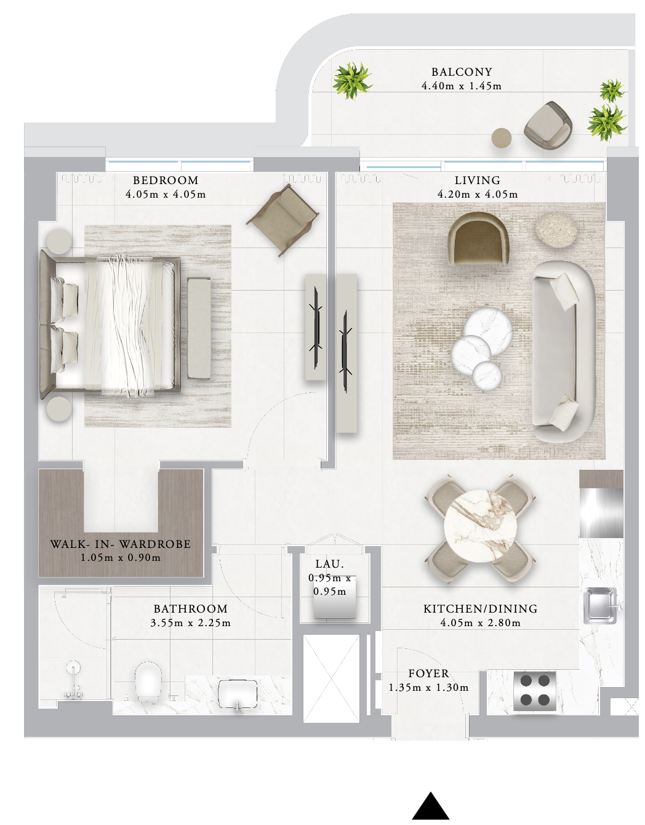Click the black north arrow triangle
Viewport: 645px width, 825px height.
(431, 802)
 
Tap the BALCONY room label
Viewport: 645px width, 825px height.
(462, 72)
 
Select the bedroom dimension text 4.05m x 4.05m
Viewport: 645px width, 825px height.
(166, 195)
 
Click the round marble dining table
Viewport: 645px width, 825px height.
(480, 526)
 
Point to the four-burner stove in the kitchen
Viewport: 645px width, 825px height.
(535, 690)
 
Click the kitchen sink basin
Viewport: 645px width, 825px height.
(600, 606)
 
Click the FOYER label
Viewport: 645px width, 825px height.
(429, 674)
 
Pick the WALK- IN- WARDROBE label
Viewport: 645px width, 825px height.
(121, 544)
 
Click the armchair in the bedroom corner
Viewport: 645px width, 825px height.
(282, 220)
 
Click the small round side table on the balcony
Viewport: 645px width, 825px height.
(502, 138)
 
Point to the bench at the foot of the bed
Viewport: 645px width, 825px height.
(199, 328)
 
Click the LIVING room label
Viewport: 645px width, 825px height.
(478, 180)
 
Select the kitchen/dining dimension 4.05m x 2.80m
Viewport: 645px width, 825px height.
(480, 622)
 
